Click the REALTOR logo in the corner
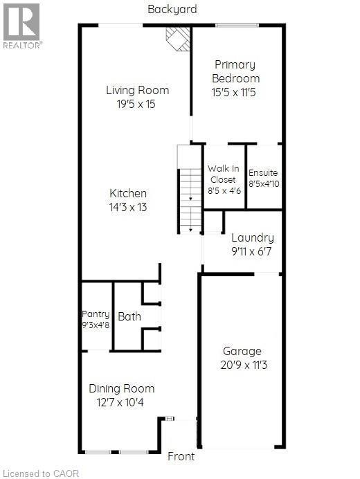coord(21,26)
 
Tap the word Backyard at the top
coord(172,10)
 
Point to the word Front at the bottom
coord(181,456)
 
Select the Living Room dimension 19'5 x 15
coord(136,104)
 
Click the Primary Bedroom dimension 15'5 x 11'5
coord(233,92)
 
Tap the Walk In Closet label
coord(224,174)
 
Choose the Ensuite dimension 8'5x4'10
coord(264,184)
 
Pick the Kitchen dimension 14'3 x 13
coord(128,208)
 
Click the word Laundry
coord(253,238)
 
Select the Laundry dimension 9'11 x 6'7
coord(251,252)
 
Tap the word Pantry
coord(96,314)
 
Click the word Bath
coord(129,316)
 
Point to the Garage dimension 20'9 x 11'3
coord(244,365)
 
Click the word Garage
coord(242,352)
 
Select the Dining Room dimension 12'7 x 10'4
coord(120,402)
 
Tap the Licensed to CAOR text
coord(41,473)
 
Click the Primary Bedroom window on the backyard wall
coord(237,26)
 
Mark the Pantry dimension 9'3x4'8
coord(96,325)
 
